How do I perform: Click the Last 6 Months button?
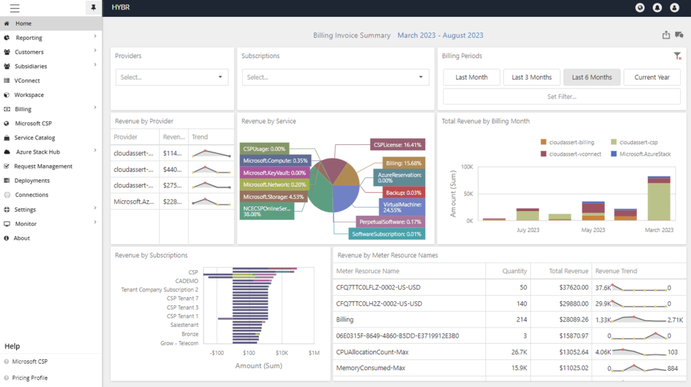(592, 77)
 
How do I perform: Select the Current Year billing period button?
(651, 77)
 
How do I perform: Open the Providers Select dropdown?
(172, 77)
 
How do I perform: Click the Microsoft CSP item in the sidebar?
(33, 123)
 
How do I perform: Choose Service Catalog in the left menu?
(34, 138)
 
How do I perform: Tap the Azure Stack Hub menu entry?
(38, 152)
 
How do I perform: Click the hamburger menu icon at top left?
(14, 8)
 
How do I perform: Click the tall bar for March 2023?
(659, 198)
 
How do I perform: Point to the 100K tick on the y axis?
(466, 167)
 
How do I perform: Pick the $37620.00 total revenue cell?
(570, 287)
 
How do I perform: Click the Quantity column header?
(514, 271)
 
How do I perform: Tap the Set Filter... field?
(561, 96)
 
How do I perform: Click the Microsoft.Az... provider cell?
(134, 202)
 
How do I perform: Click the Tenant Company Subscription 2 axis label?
(159, 289)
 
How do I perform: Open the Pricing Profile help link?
(30, 378)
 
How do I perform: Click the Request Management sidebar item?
(43, 166)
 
